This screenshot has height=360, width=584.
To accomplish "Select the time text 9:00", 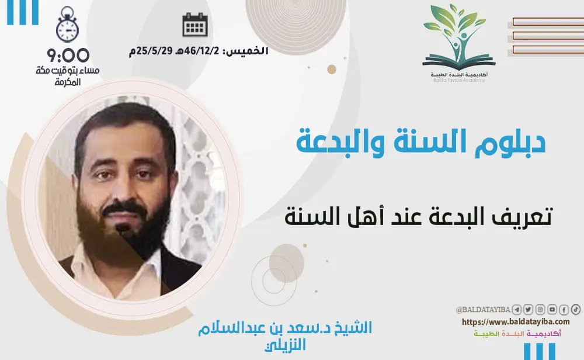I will tap(69, 56).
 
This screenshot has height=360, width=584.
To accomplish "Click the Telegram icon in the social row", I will tap(517, 310).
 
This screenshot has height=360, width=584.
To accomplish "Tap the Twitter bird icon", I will tap(529, 310).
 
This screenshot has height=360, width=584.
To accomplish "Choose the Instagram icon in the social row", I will tap(540, 310).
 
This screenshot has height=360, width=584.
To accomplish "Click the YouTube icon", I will tap(552, 310).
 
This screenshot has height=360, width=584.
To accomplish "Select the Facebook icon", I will tap(564, 310).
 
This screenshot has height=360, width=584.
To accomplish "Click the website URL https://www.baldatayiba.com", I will tap(516, 322).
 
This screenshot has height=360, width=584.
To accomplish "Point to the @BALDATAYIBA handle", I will tap(483, 310).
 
